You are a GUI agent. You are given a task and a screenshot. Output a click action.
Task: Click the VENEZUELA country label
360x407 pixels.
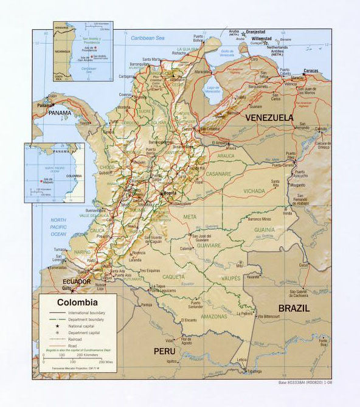tap(269, 117)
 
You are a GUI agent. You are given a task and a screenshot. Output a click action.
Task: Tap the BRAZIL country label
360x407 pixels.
tap(294, 308)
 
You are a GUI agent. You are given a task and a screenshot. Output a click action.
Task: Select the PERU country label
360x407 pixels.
tap(164, 351)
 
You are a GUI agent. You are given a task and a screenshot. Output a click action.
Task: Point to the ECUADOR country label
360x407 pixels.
tap(76, 282)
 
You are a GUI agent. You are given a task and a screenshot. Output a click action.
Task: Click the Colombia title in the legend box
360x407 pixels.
tap(77, 302)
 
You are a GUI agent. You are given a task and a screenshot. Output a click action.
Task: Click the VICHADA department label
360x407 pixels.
tap(254, 190)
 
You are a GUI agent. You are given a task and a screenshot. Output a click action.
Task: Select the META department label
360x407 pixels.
tap(190, 216)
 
